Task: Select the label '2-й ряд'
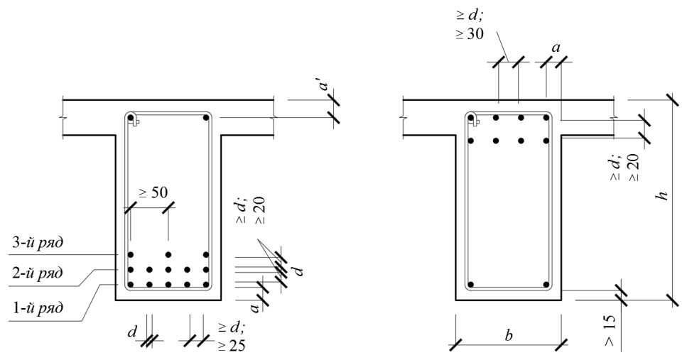click(x=37, y=273)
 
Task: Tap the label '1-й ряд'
click(x=37, y=307)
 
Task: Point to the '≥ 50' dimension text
click(x=153, y=192)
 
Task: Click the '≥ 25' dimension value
click(x=232, y=345)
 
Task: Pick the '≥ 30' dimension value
click(x=469, y=33)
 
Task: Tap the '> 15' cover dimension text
click(x=610, y=329)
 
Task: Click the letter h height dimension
click(x=664, y=194)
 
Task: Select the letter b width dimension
click(x=508, y=335)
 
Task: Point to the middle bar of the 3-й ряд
click(x=168, y=254)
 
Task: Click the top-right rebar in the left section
click(x=206, y=117)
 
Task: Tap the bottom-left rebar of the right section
click(x=471, y=284)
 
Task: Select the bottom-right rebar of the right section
click(x=546, y=284)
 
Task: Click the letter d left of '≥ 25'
click(x=132, y=332)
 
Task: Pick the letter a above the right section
click(x=556, y=48)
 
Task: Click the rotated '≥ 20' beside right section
click(x=634, y=167)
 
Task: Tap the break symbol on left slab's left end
click(x=63, y=118)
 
